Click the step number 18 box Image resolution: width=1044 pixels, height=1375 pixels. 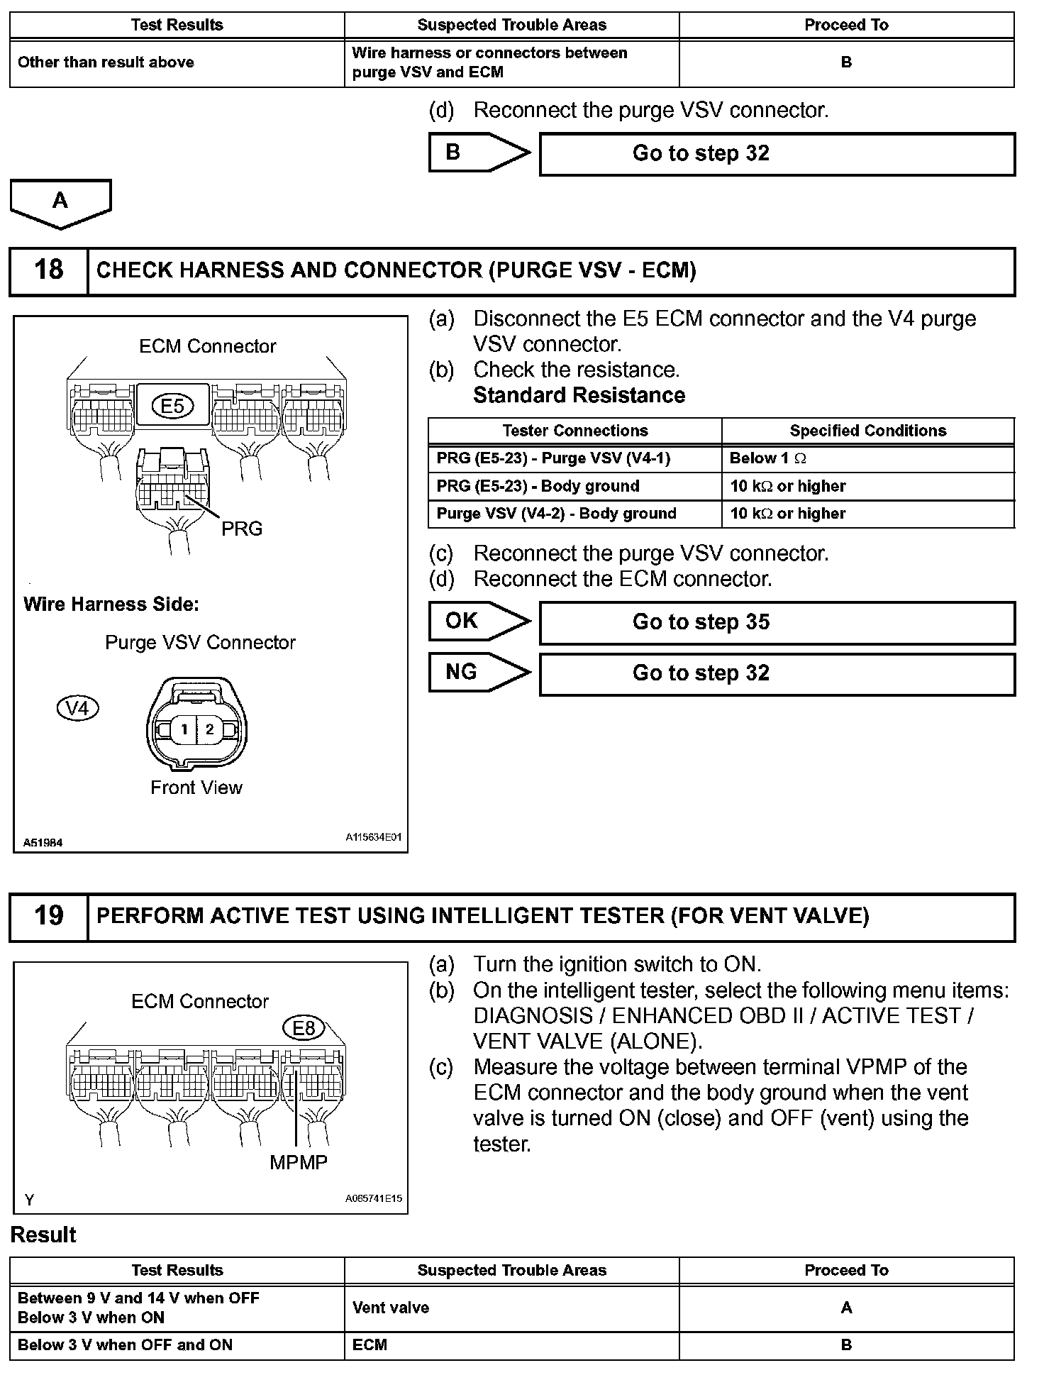pos(48,270)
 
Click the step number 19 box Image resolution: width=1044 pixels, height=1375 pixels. pos(48,916)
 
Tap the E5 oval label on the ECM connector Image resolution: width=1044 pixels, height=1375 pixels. pos(172,406)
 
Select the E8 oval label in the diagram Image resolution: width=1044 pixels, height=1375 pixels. pos(304,1027)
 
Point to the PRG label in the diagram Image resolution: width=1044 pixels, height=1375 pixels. pos(242,529)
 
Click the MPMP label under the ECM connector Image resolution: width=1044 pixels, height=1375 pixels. pos(299,1162)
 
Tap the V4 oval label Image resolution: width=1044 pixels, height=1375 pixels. pos(77,708)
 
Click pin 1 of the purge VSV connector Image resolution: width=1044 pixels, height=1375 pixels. pos(184,729)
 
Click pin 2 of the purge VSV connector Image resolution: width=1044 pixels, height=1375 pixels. pos(210,729)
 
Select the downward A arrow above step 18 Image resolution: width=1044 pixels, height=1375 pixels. pos(60,203)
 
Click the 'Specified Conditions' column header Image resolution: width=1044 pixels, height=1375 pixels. pos(867,431)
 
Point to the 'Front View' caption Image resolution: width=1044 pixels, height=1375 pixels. pos(196,788)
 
